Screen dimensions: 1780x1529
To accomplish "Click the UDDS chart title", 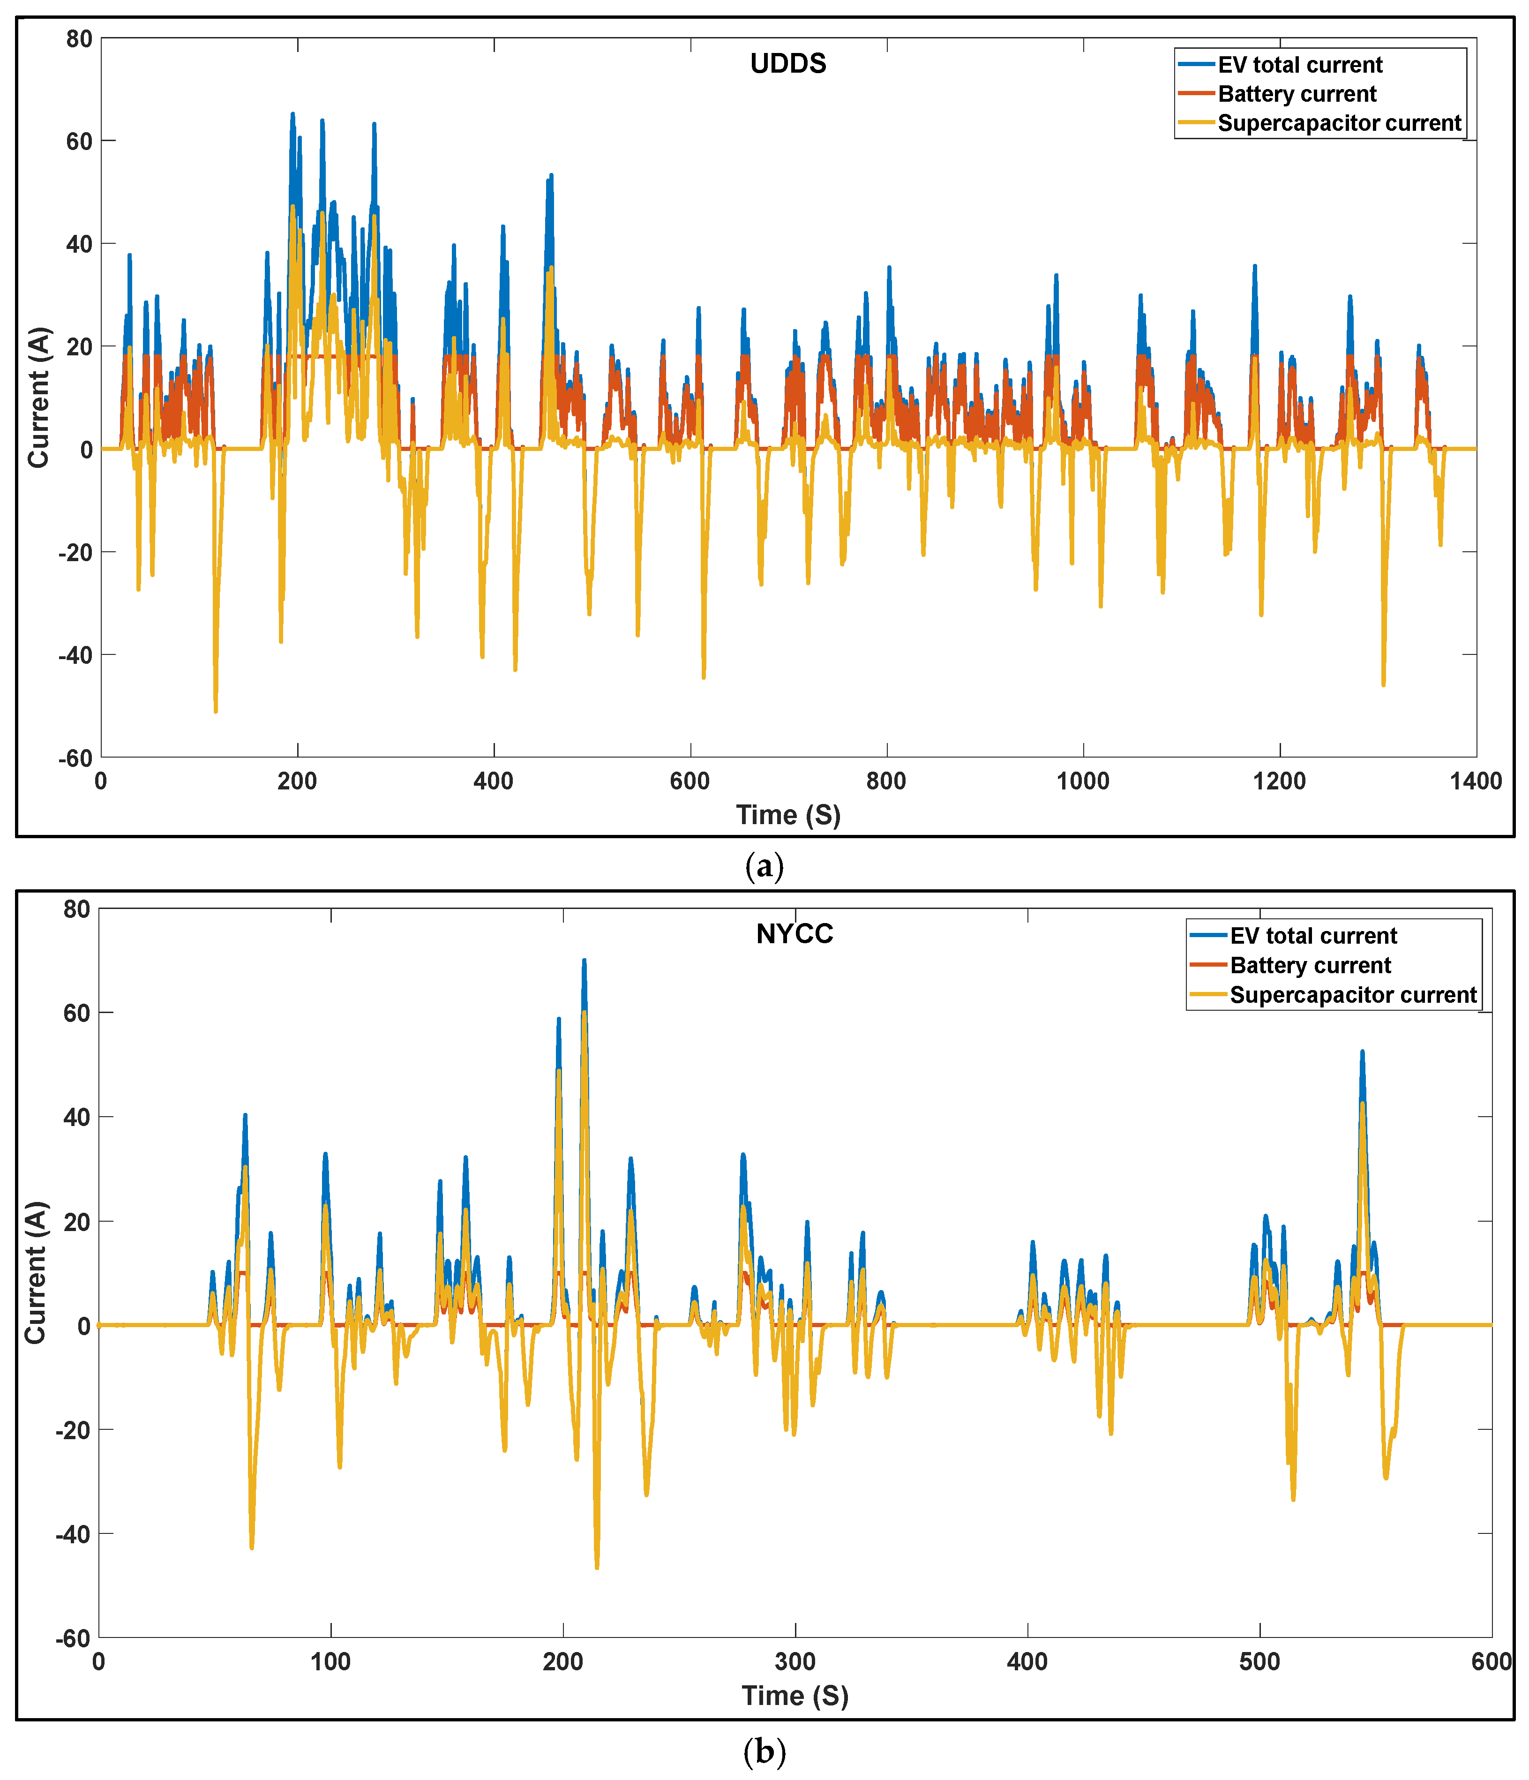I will pyautogui.click(x=787, y=64).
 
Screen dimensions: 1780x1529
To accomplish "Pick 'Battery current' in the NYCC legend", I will pyautogui.click(x=1310, y=966).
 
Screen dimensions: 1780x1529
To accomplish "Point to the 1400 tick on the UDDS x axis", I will pyautogui.click(x=1476, y=781).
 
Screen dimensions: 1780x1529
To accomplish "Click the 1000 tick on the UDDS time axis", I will pyautogui.click(x=1082, y=781).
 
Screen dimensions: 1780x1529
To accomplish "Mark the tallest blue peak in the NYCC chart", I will pyautogui.click(x=584, y=961).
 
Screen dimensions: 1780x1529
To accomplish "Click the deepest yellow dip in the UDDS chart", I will pyautogui.click(x=216, y=711).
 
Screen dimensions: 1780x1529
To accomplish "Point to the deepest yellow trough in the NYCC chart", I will pyautogui.click(x=597, y=1568).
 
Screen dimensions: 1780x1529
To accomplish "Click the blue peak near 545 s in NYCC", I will pyautogui.click(x=1362, y=1051).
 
